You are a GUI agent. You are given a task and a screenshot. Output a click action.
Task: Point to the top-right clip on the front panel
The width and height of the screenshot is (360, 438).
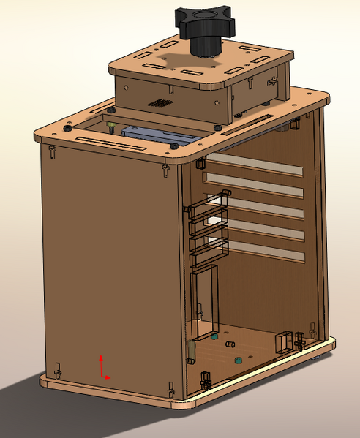point(165,170)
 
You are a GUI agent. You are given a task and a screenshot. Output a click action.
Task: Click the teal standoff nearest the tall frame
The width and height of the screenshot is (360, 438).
point(214,338)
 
